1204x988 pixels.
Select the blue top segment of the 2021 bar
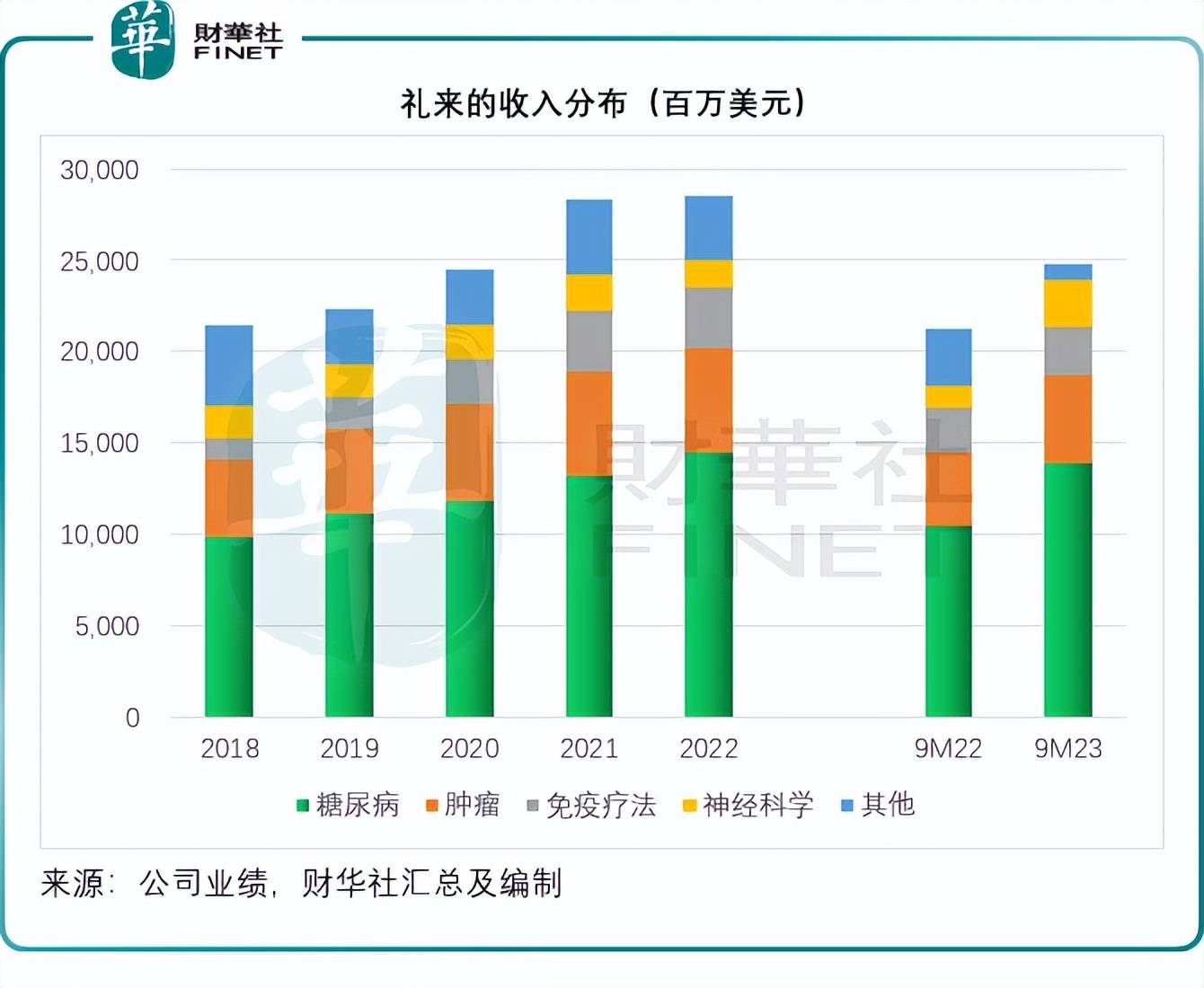pos(589,236)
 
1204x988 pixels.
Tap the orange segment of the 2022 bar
pos(708,400)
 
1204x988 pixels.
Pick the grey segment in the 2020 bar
pos(469,382)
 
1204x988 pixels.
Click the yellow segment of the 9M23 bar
pos(1067,304)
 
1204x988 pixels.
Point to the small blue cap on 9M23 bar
pos(1067,272)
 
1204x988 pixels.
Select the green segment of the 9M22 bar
pos(948,621)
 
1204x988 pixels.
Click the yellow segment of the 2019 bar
pos(349,380)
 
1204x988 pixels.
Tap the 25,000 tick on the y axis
pos(100,261)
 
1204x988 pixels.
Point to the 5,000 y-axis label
pos(107,626)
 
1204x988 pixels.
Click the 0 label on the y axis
pos(132,718)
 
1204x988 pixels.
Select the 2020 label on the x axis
pos(469,748)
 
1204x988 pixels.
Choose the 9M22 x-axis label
pos(948,748)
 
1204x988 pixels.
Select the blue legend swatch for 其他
pos(846,805)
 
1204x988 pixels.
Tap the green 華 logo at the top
pos(142,40)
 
